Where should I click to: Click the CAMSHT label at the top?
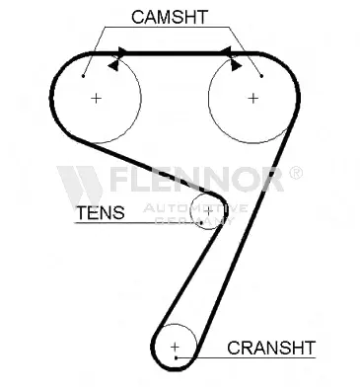pyautogui.click(x=170, y=17)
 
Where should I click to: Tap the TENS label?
pyautogui.click(x=101, y=212)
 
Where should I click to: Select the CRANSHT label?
pyautogui.click(x=271, y=348)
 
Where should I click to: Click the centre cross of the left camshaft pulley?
pyautogui.click(x=96, y=98)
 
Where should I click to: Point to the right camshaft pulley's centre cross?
pyautogui.click(x=252, y=98)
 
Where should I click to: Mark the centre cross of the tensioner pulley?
pyautogui.click(x=209, y=212)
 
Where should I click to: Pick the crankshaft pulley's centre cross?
pyautogui.click(x=176, y=347)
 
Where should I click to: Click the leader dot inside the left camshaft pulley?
pyautogui.click(x=84, y=76)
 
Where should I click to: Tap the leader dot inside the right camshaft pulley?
pyautogui.click(x=261, y=76)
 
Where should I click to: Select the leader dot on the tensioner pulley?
pyautogui.click(x=201, y=223)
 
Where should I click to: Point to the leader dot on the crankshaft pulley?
pyautogui.click(x=177, y=357)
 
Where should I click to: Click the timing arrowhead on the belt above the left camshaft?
pyautogui.click(x=122, y=51)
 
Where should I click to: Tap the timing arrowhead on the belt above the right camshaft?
pyautogui.click(x=226, y=51)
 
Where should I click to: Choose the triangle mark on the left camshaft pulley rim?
pyautogui.click(x=113, y=65)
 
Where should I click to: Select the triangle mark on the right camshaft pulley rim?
pyautogui.click(x=236, y=65)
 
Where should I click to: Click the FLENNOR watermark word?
pyautogui.click(x=196, y=179)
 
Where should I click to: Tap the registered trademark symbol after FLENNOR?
pyautogui.click(x=295, y=173)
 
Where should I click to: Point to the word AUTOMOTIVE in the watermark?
pyautogui.click(x=195, y=208)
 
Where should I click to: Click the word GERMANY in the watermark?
pyautogui.click(x=194, y=220)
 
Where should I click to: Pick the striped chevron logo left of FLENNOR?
pyautogui.click(x=80, y=185)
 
